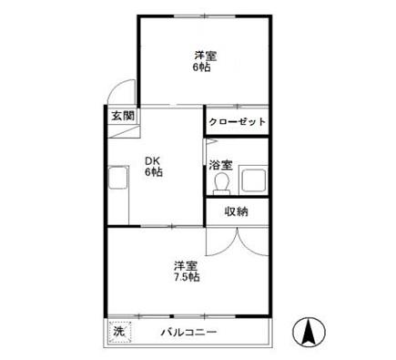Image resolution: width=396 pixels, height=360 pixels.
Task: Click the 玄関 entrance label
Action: (123, 116)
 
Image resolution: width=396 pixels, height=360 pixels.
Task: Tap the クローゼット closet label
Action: (237, 122)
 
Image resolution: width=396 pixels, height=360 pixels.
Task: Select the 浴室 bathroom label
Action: (220, 165)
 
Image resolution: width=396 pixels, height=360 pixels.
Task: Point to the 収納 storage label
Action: (236, 211)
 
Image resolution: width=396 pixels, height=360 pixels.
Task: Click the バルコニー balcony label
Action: (188, 332)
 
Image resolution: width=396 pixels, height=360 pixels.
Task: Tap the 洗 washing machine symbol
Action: (120, 332)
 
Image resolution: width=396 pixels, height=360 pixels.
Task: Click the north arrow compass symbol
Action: (309, 333)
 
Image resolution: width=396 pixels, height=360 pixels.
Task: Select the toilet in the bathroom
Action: (221, 183)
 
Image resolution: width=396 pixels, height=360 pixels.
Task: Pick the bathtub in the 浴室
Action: (253, 180)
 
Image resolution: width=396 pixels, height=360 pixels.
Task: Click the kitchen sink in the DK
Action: (118, 177)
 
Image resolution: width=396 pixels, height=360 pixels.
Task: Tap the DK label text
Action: (152, 160)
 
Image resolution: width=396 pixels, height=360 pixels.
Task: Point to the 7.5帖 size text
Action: (187, 277)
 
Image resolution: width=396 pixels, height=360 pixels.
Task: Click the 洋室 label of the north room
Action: (206, 57)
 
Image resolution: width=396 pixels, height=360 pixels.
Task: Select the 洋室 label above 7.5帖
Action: (186, 266)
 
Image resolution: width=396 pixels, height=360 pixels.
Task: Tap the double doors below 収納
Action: (238, 242)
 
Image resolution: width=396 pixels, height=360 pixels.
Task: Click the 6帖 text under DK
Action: (154, 172)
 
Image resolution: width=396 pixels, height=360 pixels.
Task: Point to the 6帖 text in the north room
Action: (201, 67)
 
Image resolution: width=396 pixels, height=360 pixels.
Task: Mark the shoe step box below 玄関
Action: (125, 131)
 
